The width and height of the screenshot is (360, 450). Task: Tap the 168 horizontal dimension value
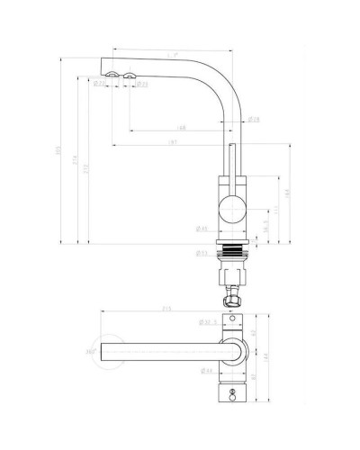(x=181, y=128)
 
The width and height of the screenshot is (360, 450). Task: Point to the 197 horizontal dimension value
(x=172, y=143)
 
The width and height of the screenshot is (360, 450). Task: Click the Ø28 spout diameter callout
(x=229, y=119)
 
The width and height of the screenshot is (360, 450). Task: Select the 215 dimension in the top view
(x=167, y=308)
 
